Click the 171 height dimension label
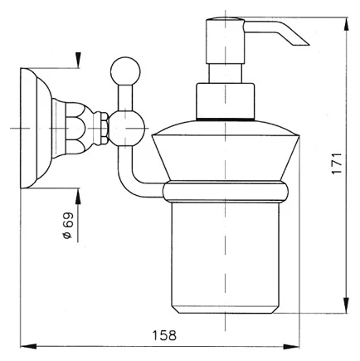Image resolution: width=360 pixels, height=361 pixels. point(337,163)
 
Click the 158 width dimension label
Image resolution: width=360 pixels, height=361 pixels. point(164,335)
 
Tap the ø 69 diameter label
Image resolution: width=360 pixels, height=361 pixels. point(68,226)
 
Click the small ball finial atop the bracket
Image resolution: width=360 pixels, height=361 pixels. point(125,71)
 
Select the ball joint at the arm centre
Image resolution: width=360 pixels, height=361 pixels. point(127,128)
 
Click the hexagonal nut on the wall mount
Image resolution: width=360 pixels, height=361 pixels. point(104,128)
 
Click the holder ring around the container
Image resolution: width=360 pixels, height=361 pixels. point(226,192)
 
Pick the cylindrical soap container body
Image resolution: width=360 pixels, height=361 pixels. point(226,258)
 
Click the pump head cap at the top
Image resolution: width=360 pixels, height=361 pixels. point(225,41)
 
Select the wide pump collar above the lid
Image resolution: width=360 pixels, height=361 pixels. point(225,101)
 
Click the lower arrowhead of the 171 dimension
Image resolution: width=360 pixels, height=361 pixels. point(346,305)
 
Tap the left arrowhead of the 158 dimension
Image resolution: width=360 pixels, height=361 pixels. point(28,346)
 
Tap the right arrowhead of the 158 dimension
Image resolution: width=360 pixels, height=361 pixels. point(291,346)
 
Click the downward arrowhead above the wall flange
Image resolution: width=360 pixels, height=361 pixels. point(78,61)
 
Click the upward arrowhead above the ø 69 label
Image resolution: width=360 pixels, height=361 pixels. point(78,196)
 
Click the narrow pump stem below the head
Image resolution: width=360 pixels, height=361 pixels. point(225,74)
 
